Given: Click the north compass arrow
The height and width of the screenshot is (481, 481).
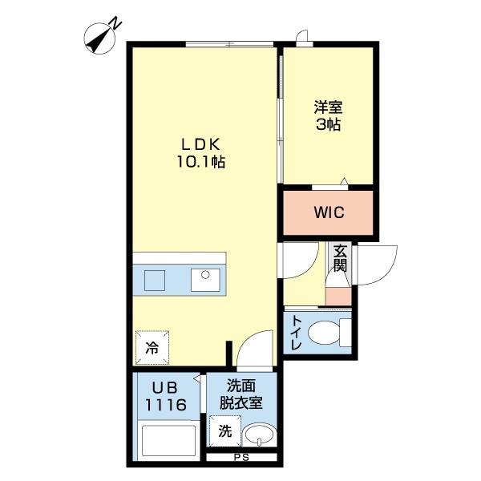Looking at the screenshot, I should pyautogui.click(x=102, y=35).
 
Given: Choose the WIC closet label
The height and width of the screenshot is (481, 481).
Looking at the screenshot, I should pyautogui.click(x=329, y=212).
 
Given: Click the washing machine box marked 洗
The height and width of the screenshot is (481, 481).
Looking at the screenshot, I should pyautogui.click(x=225, y=431).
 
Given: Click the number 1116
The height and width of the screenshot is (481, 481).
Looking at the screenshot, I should pyautogui.click(x=167, y=406).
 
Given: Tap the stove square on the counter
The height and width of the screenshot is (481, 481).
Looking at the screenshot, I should pyautogui.click(x=155, y=280).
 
